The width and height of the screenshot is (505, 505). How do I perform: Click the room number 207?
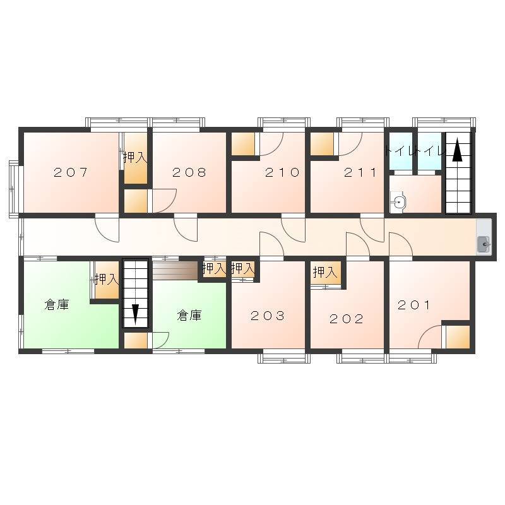(71, 172)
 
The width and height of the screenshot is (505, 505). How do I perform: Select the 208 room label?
(189, 172)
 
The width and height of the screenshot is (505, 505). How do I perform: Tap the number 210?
(282, 172)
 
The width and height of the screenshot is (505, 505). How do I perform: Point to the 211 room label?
(360, 172)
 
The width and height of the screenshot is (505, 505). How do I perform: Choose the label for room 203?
(268, 316)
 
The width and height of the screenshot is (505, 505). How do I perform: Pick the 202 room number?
(347, 319)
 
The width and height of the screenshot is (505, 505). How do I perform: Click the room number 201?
(414, 305)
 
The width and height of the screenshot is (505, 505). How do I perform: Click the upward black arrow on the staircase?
(457, 150)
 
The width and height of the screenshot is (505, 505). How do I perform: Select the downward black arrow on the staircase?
(135, 314)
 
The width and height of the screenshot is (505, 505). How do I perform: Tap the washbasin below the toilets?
(399, 203)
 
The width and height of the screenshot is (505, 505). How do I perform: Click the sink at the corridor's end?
(484, 244)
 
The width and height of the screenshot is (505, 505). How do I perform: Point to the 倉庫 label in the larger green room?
(57, 304)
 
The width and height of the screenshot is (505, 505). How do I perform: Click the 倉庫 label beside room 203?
(189, 315)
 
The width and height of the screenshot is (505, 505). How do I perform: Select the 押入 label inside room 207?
(135, 157)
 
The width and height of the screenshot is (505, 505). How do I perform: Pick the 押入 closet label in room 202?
(325, 273)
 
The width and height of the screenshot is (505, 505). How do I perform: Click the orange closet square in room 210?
(243, 144)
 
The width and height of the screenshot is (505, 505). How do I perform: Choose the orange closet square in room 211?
(322, 144)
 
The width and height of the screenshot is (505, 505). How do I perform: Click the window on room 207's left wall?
(15, 189)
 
